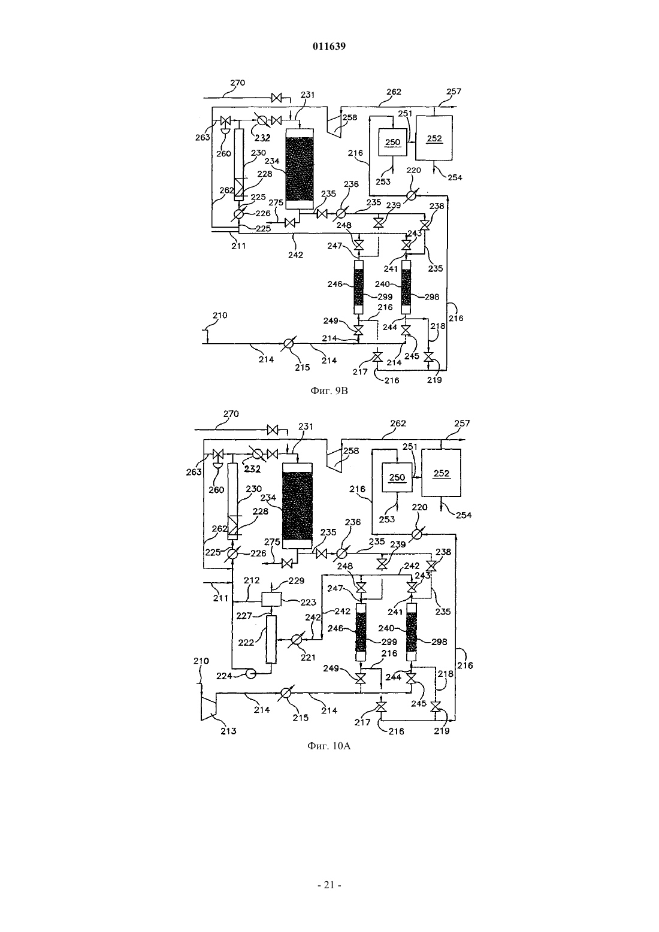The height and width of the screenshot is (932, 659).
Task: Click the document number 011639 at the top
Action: (329, 46)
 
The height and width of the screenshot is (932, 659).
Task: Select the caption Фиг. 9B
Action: (329, 391)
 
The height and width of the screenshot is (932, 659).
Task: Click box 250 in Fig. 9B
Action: (392, 143)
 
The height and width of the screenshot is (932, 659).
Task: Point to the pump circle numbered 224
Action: (251, 673)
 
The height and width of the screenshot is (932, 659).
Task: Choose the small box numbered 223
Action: (271, 599)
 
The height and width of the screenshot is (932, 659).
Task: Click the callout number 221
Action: (308, 657)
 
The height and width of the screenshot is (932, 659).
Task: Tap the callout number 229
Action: (296, 581)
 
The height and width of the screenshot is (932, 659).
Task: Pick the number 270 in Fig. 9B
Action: (238, 83)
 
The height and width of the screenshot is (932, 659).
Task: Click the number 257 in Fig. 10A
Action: (462, 423)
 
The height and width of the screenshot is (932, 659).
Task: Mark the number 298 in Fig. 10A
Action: (439, 642)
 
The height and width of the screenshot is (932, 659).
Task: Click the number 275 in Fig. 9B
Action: (276, 202)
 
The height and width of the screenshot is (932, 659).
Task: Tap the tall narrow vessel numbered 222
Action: (271, 640)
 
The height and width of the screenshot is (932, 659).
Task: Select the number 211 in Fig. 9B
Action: (238, 246)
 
